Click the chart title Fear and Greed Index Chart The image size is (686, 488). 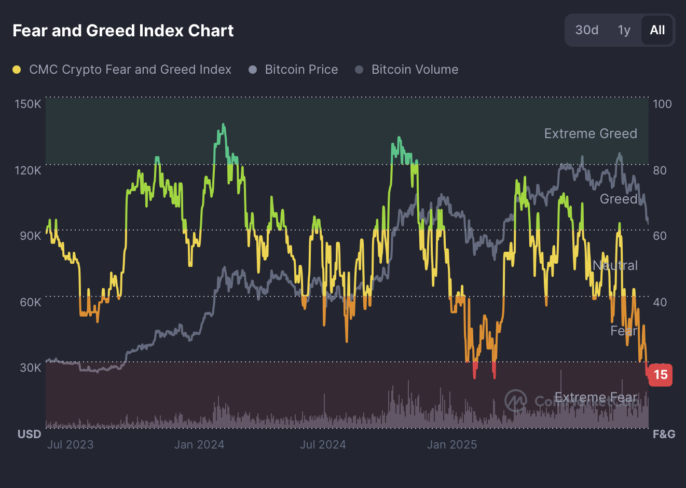click(123, 31)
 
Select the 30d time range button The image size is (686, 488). click(586, 30)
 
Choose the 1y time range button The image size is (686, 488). click(624, 30)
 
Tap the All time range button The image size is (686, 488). click(657, 30)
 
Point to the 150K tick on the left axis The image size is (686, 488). click(28, 104)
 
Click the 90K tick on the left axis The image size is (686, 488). click(30, 236)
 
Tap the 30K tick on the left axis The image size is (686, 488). click(30, 368)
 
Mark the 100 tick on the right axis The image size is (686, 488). click(662, 104)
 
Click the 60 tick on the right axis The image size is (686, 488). click(660, 236)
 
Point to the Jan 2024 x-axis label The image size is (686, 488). click(199, 444)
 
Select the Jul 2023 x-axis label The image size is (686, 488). click(70, 444)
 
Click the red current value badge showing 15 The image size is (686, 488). click(660, 375)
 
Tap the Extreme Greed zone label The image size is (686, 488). click(591, 133)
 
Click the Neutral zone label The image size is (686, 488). click(615, 265)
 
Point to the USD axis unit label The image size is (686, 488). click(29, 434)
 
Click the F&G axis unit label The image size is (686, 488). click(664, 434)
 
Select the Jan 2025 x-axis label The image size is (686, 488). click(451, 444)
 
